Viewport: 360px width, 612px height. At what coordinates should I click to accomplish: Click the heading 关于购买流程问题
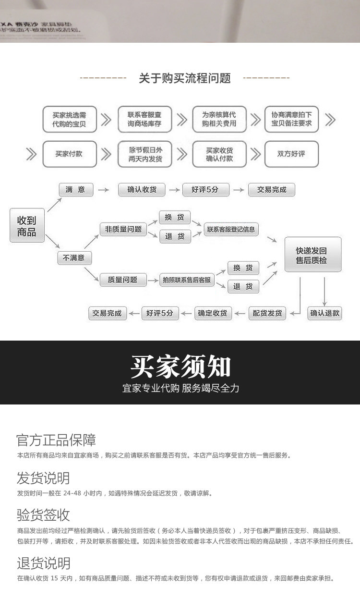click(185, 78)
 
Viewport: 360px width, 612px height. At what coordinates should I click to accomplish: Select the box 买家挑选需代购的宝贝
click(70, 119)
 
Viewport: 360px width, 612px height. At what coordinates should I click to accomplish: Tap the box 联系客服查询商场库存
click(144, 119)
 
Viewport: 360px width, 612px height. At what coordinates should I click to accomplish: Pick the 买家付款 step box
click(69, 154)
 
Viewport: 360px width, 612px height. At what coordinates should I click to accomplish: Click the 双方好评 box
click(291, 154)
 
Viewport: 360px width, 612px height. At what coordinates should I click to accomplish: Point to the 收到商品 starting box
click(27, 225)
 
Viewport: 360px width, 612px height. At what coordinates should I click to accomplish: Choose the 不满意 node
click(74, 258)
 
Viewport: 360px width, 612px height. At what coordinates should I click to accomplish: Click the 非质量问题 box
click(123, 229)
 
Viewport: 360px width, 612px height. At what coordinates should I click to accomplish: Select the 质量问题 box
click(122, 280)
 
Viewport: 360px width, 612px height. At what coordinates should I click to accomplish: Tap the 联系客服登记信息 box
click(231, 229)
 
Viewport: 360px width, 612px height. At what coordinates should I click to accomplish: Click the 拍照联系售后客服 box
click(187, 280)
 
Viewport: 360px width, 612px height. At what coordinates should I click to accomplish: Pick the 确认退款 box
click(325, 313)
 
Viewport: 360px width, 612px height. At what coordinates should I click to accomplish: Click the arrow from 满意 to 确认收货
click(103, 190)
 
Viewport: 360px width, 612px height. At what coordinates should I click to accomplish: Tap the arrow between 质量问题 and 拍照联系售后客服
click(152, 280)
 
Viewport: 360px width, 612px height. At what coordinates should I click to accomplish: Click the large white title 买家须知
click(180, 367)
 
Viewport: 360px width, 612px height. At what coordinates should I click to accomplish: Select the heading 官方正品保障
click(56, 440)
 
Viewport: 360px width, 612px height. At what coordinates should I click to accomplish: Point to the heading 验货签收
click(43, 515)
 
